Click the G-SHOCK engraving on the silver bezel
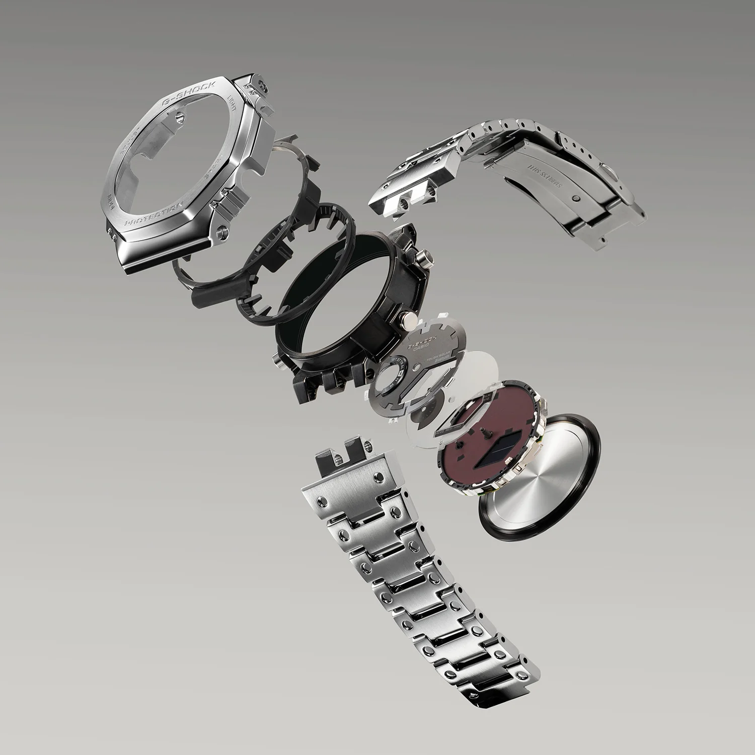point(189,93)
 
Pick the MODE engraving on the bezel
point(113,195)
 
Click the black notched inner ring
point(297,262)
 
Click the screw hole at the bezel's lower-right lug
point(220,231)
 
